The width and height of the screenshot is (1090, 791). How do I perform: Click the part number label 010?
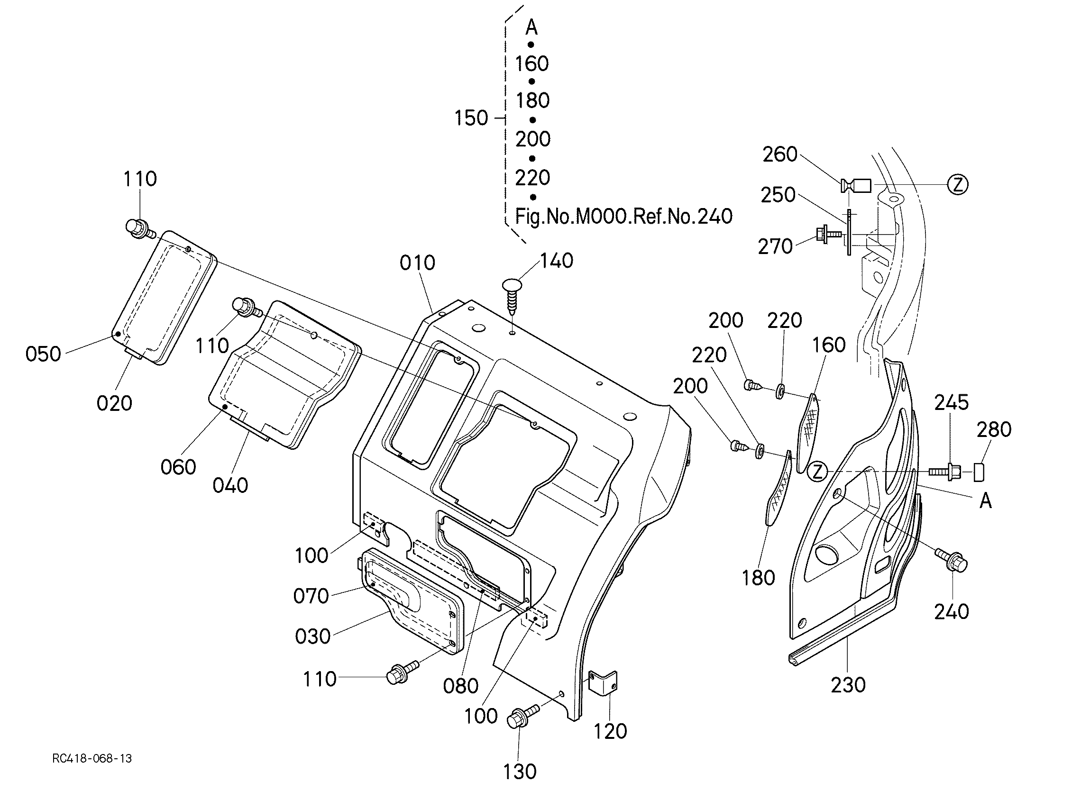click(418, 263)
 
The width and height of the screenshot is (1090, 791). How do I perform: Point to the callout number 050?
click(43, 354)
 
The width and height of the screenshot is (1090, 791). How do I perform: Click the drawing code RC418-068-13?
click(92, 759)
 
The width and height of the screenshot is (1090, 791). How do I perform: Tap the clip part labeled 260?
click(856, 185)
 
